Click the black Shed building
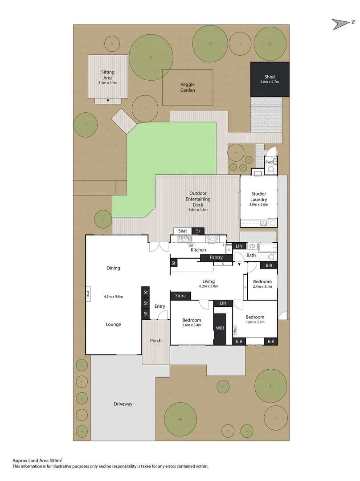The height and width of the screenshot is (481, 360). click(x=270, y=79)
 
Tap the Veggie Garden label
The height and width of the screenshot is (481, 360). click(x=188, y=87)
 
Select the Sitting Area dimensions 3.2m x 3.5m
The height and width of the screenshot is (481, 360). click(x=107, y=83)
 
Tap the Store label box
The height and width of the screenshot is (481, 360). click(x=180, y=295)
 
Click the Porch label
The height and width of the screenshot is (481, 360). click(x=156, y=341)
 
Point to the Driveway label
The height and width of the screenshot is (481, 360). click(x=123, y=404)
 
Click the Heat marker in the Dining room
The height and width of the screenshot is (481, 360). click(x=89, y=294)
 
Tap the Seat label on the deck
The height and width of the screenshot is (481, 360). click(x=183, y=231)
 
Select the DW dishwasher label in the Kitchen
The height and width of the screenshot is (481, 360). click(x=191, y=245)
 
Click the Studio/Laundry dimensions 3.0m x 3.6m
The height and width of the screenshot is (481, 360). click(x=258, y=205)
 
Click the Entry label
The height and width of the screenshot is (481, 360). click(x=160, y=306)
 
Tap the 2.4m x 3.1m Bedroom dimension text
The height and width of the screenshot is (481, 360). click(x=262, y=287)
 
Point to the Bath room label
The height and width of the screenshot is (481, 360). click(x=251, y=255)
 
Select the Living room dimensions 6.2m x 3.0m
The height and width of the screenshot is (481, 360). click(x=209, y=287)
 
